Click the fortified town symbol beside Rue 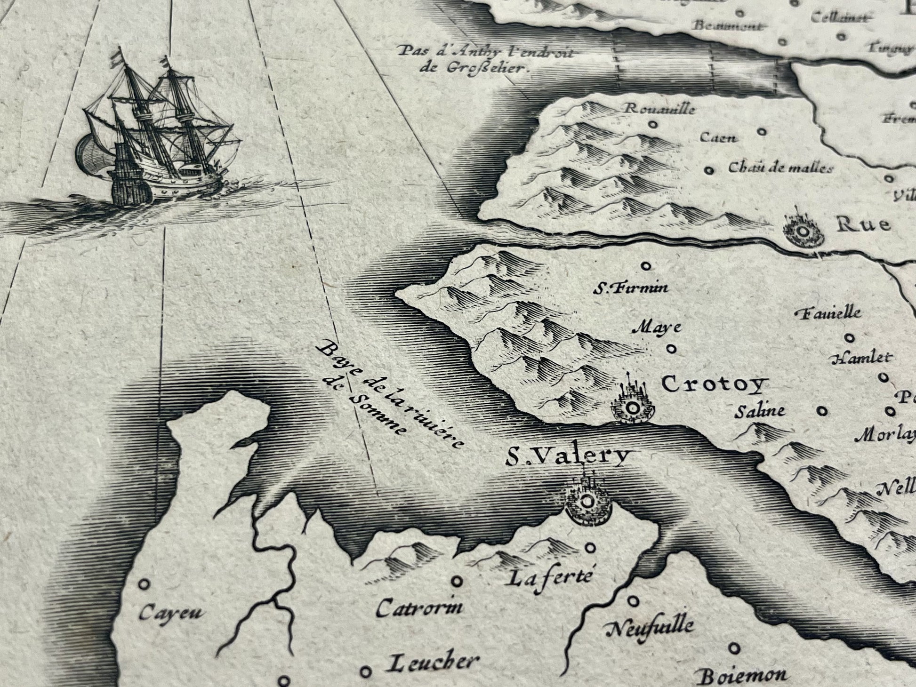pyautogui.click(x=803, y=231)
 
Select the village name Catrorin pyautogui.click(x=419, y=607)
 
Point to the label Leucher pyautogui.click(x=432, y=663)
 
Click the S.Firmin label pyautogui.click(x=630, y=288)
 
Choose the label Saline pyautogui.click(x=760, y=411)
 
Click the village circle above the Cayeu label pyautogui.click(x=144, y=584)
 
